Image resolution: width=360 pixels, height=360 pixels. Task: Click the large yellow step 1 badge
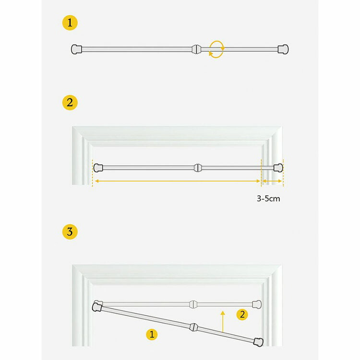click(x=70, y=23)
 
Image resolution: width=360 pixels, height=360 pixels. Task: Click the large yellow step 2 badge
click(x=70, y=102)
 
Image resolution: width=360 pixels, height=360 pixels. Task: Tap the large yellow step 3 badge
click(x=70, y=232)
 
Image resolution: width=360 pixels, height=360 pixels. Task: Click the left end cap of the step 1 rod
click(x=76, y=49)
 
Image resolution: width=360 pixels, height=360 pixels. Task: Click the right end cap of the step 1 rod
click(x=283, y=49)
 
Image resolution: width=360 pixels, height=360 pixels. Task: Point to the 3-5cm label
click(x=268, y=199)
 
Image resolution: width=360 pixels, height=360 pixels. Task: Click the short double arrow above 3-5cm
click(x=272, y=181)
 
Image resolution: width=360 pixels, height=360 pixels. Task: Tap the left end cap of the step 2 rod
click(x=98, y=168)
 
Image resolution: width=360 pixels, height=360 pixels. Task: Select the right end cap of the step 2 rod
click(x=278, y=168)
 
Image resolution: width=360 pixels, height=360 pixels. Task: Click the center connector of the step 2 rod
click(x=197, y=168)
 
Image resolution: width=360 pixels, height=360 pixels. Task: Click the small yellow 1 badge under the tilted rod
click(x=152, y=334)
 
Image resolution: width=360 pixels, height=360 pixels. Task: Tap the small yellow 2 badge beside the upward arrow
click(x=242, y=314)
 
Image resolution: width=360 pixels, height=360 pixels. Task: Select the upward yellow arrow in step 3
click(x=222, y=322)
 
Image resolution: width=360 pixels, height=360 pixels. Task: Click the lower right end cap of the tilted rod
click(x=258, y=342)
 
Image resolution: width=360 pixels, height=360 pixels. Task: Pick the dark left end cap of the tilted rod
click(x=97, y=307)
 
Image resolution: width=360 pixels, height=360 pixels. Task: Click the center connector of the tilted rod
click(x=194, y=327)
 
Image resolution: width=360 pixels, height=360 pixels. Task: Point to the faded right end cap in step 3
click(x=257, y=304)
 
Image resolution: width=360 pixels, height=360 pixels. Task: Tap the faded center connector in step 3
click(x=193, y=304)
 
